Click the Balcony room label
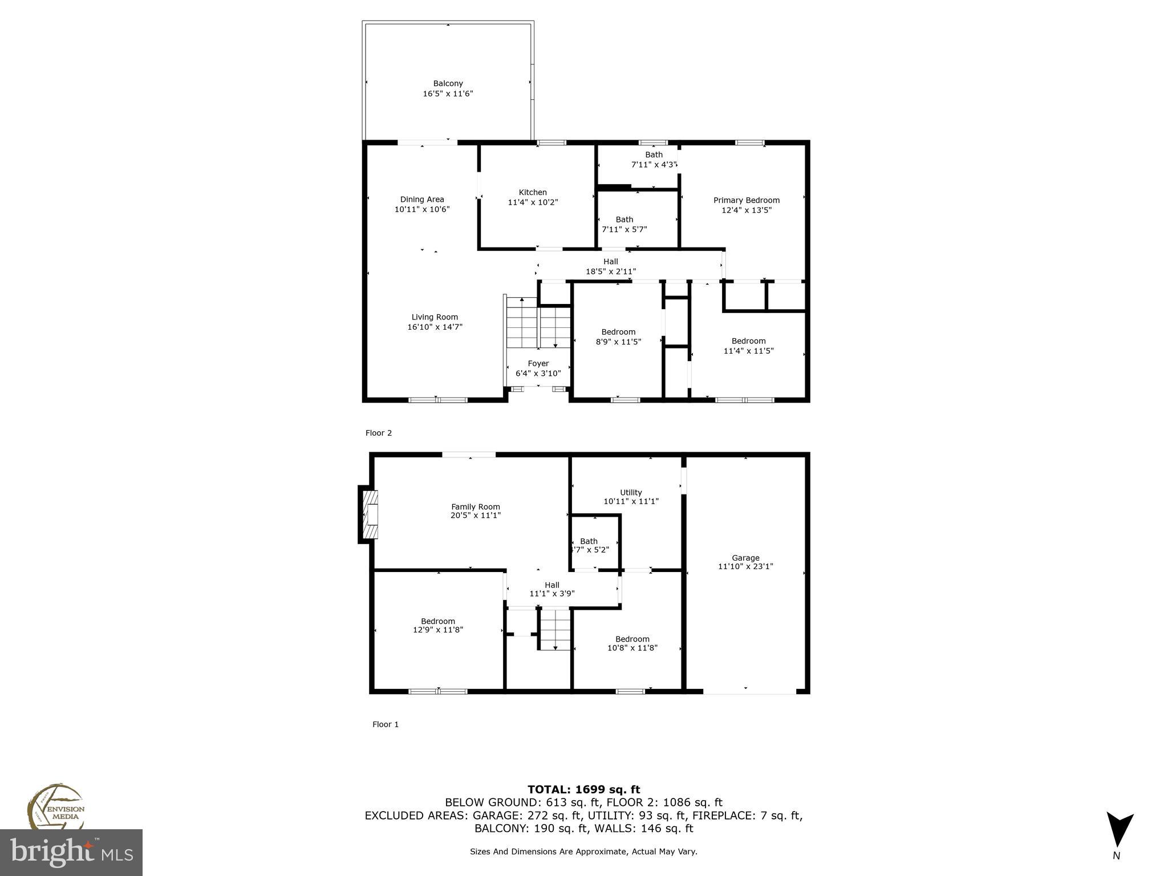tap(448, 84)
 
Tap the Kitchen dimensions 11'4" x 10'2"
tap(533, 202)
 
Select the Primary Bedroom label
tap(746, 200)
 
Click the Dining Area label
tap(422, 200)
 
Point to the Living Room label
tap(435, 317)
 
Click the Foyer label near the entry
tap(538, 364)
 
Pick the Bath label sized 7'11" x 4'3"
tap(654, 155)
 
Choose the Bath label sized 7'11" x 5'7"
tap(624, 220)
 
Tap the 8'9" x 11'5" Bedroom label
tap(618, 332)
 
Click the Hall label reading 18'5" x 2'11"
tap(611, 262)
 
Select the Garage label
tap(745, 558)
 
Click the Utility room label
tap(631, 492)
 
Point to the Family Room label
tap(475, 506)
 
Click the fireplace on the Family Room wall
tap(371, 514)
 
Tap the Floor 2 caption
tap(379, 433)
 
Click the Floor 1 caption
tap(386, 724)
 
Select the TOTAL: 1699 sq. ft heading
tap(583, 789)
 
